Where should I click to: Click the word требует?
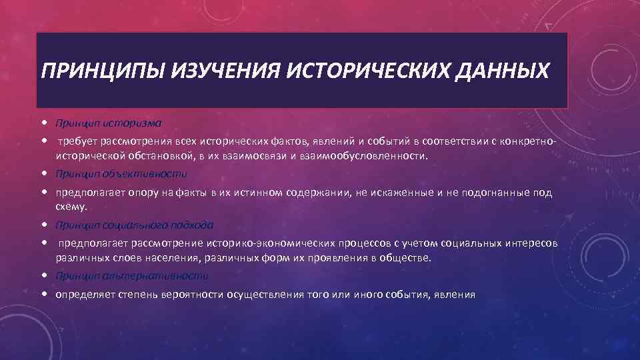(x=77, y=141)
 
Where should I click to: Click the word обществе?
(x=409, y=258)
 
